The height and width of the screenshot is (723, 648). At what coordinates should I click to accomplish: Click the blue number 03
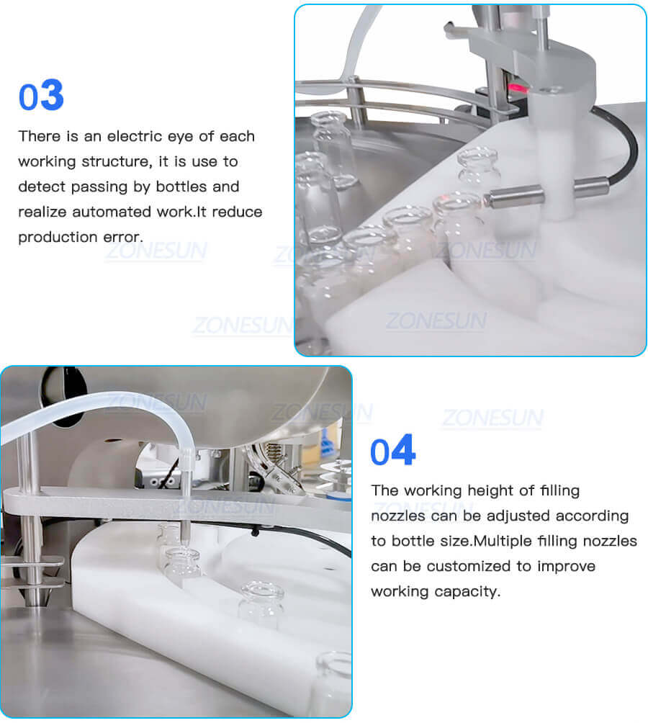click(41, 96)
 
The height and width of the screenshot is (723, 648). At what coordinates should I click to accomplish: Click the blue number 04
click(392, 452)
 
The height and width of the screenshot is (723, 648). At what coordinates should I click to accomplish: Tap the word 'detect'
click(41, 187)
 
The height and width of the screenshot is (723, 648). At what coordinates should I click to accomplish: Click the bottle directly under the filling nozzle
click(183, 565)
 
